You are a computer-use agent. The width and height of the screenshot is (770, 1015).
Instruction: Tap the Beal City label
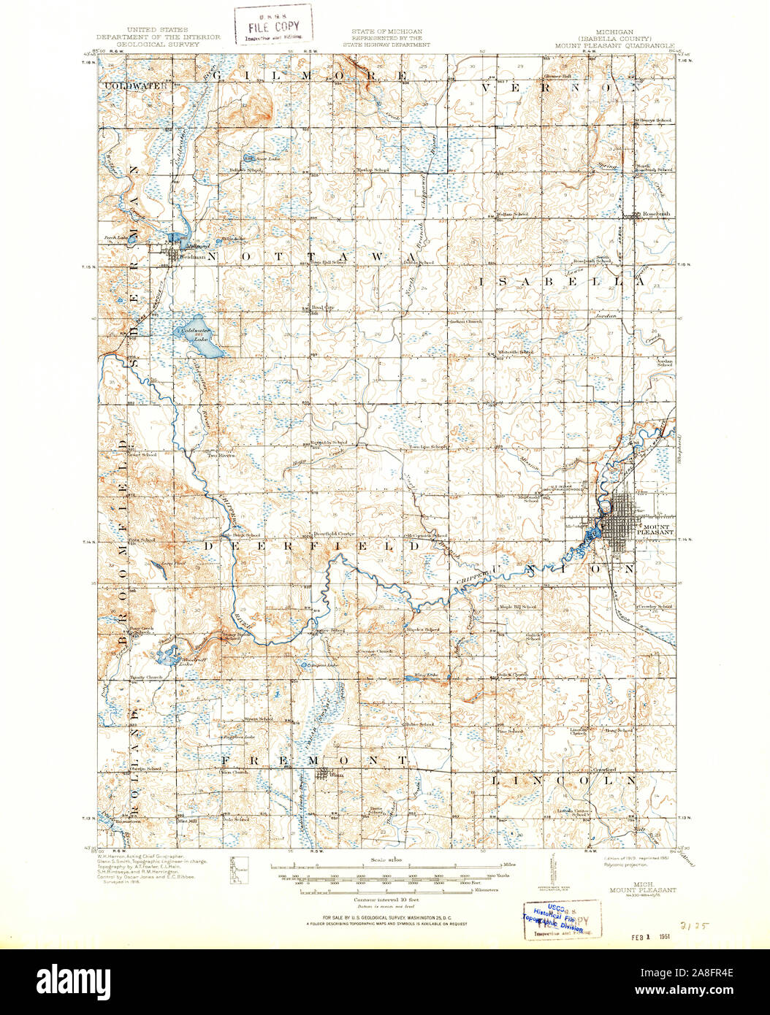coord(322,308)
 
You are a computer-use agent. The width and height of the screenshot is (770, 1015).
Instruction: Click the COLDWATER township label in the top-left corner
coord(135,85)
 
